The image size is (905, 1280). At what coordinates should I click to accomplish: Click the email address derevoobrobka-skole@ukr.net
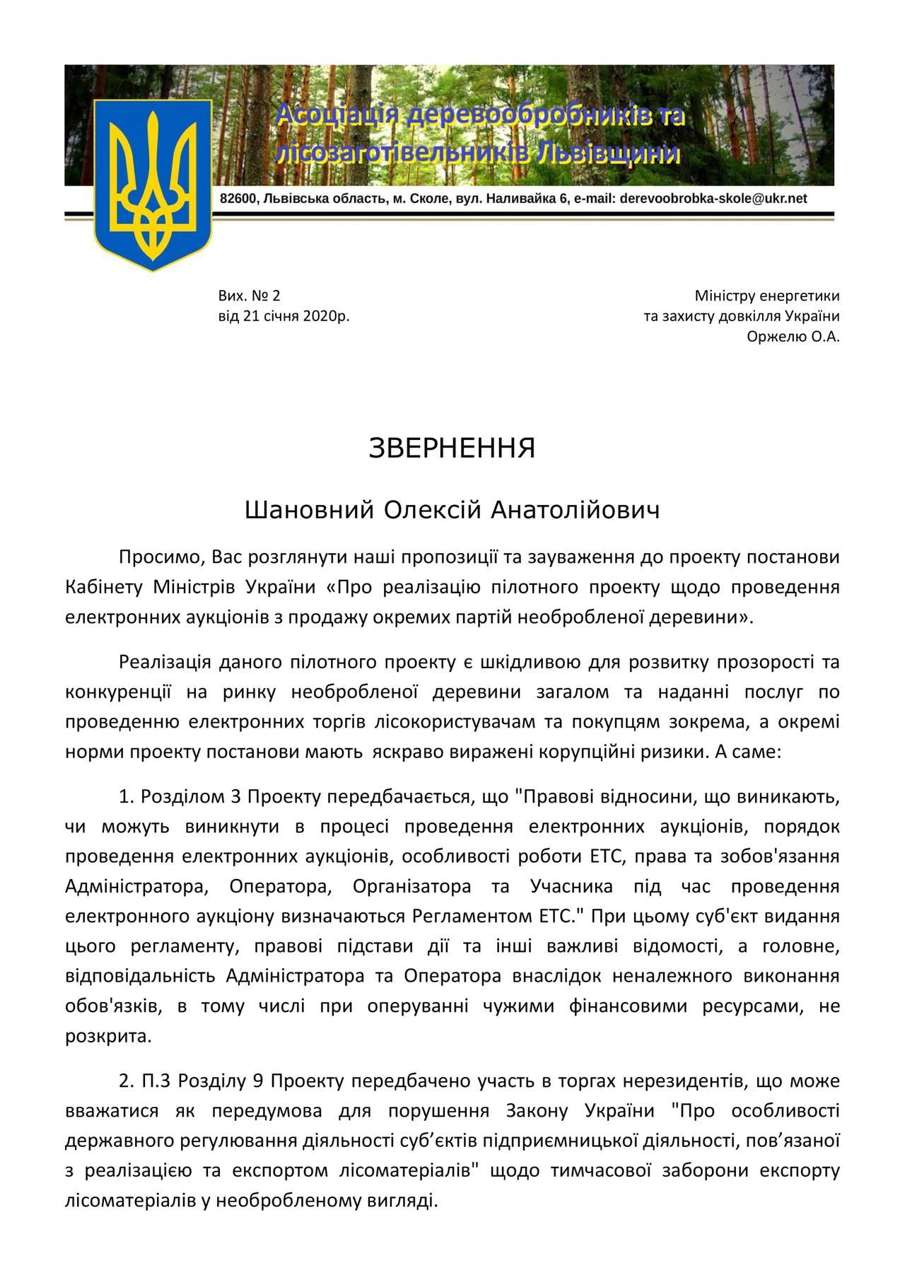click(713, 199)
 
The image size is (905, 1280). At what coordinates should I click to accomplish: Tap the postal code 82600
click(238, 199)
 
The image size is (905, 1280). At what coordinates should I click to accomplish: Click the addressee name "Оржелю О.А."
click(793, 337)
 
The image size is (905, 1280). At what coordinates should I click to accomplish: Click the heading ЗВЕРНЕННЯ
click(452, 448)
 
